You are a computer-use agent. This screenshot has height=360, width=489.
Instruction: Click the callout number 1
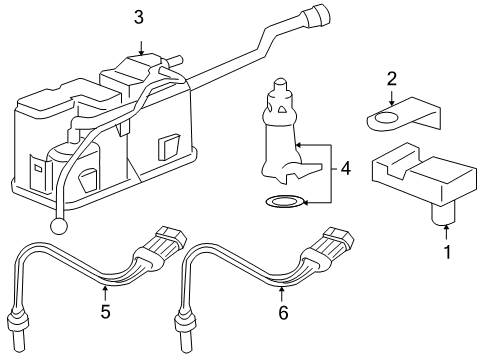[x=447, y=252]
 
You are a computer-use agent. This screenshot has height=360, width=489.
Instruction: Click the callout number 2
[x=392, y=78]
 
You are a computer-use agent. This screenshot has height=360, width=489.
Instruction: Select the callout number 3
[x=139, y=17]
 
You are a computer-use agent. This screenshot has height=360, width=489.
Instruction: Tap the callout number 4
[x=345, y=169]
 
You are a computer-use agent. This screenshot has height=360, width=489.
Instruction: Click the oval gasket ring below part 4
[x=283, y=204]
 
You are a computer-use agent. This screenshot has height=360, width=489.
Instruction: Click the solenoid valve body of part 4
[x=280, y=140]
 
